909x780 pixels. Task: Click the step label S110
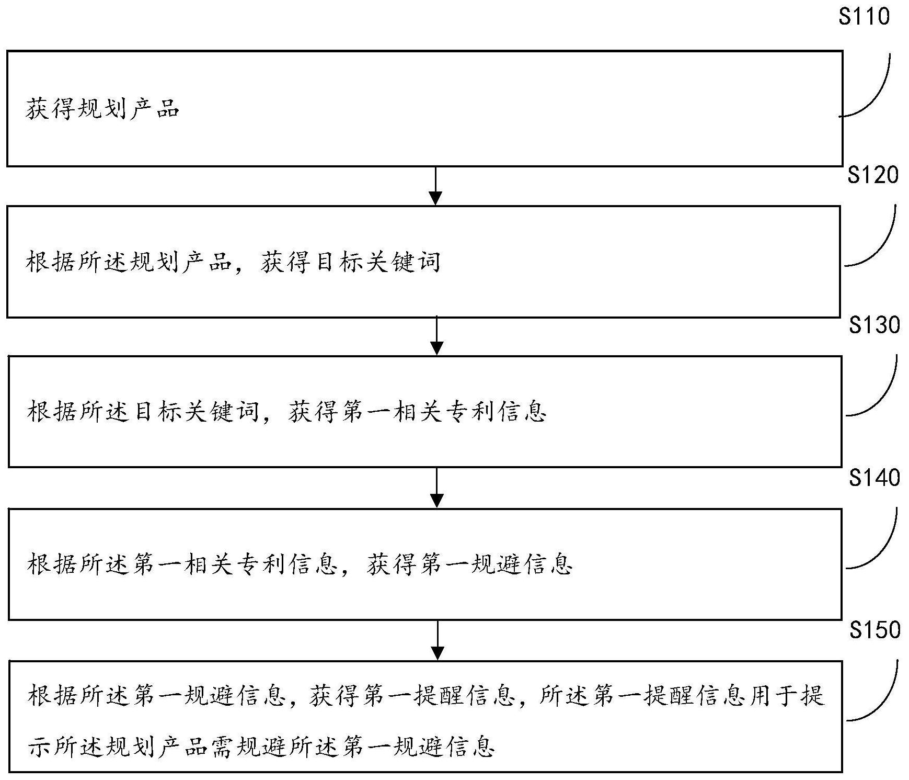click(x=864, y=16)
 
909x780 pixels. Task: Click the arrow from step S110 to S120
click(x=435, y=186)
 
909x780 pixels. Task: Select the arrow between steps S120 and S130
click(x=436, y=336)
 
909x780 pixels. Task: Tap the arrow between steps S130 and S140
click(x=436, y=488)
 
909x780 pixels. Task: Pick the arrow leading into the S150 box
click(x=438, y=640)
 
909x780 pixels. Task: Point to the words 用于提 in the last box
click(x=786, y=696)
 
